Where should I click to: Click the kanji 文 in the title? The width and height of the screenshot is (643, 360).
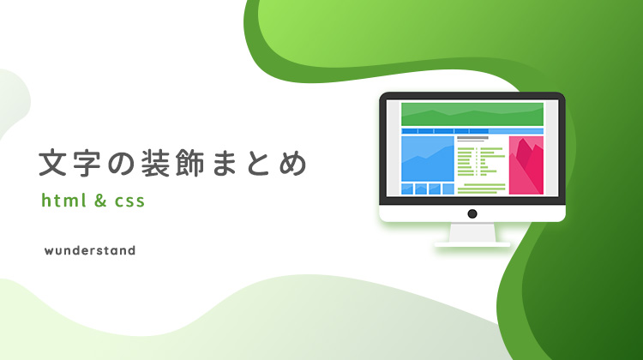[53, 163]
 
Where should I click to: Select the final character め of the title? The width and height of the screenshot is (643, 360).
[293, 164]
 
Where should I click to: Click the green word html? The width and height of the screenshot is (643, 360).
[64, 200]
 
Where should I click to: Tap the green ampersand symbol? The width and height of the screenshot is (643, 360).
[100, 200]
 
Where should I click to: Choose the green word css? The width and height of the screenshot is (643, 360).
[129, 201]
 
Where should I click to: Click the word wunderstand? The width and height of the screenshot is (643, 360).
[90, 250]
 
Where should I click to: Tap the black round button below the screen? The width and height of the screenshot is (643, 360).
[472, 213]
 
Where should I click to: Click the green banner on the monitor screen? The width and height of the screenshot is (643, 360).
[472, 114]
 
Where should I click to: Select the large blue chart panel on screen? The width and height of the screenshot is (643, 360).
[428, 159]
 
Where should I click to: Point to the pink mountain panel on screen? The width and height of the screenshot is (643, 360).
[526, 165]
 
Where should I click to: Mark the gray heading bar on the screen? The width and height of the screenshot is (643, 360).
[472, 138]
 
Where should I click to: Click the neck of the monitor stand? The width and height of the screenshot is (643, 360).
[472, 232]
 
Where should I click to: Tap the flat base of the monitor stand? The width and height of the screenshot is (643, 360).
[472, 244]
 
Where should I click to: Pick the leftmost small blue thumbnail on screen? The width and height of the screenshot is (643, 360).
[407, 189]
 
